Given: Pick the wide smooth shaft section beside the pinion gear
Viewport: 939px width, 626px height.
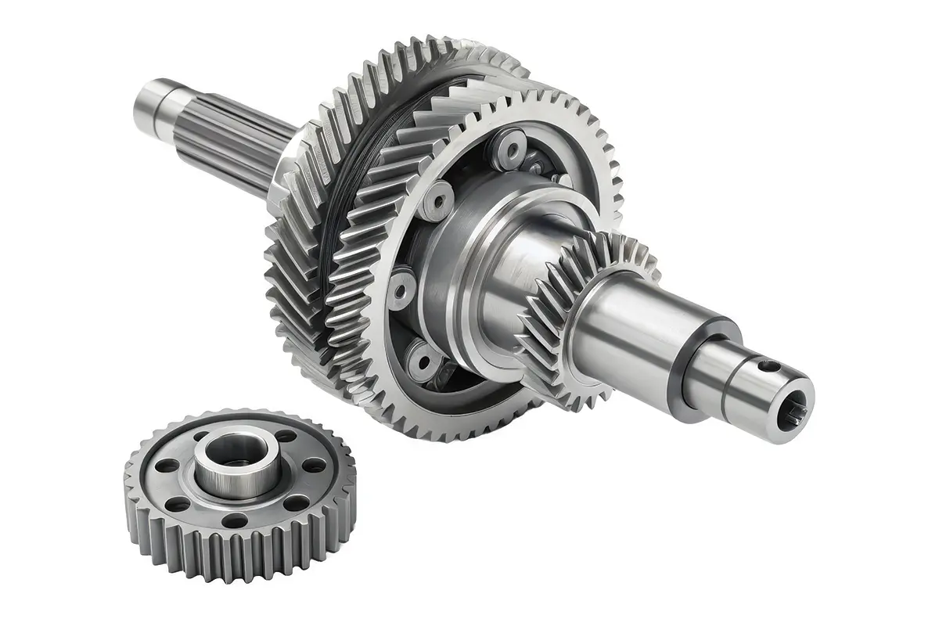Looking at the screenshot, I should click(x=626, y=329).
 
